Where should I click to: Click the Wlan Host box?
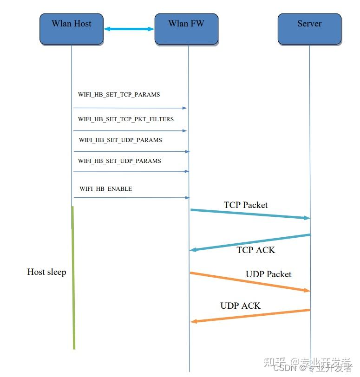(71, 29)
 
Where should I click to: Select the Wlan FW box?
(186, 29)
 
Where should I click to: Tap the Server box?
(309, 29)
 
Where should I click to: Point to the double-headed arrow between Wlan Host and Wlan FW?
(129, 29)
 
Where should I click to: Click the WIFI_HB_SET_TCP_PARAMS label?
(119, 94)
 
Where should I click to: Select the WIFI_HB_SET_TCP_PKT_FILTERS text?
(126, 119)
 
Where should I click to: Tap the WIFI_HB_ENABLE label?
(106, 189)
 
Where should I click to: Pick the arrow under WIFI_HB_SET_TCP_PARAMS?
(130, 108)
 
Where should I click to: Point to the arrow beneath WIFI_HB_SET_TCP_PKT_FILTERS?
(130, 131)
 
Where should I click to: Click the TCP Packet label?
(246, 205)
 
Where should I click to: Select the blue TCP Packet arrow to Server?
(250, 214)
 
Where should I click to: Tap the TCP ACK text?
(256, 250)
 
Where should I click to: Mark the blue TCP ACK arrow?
(250, 242)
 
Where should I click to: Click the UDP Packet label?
(268, 274)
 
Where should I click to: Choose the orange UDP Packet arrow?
(250, 281)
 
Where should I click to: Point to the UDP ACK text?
(240, 305)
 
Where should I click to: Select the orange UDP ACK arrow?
(250, 316)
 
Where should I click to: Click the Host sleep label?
(46, 272)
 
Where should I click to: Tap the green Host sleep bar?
(73, 279)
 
